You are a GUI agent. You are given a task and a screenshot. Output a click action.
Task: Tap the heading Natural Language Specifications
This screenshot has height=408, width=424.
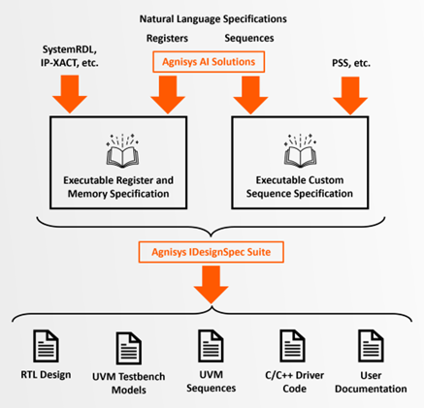[x=213, y=17]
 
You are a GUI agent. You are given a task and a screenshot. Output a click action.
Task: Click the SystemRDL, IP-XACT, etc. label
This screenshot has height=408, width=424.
[x=71, y=55]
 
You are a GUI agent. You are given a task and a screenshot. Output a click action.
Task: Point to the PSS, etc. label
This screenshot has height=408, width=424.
[x=349, y=62]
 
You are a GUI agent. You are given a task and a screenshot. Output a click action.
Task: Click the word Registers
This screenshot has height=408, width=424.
[x=167, y=39]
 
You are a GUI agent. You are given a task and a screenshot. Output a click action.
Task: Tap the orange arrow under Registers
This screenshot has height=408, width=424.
[x=167, y=95]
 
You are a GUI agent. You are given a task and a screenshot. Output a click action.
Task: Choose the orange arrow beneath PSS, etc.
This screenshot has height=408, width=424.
[x=349, y=95]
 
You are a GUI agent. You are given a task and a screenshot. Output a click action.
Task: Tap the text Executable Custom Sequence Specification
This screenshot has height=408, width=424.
[x=302, y=187]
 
